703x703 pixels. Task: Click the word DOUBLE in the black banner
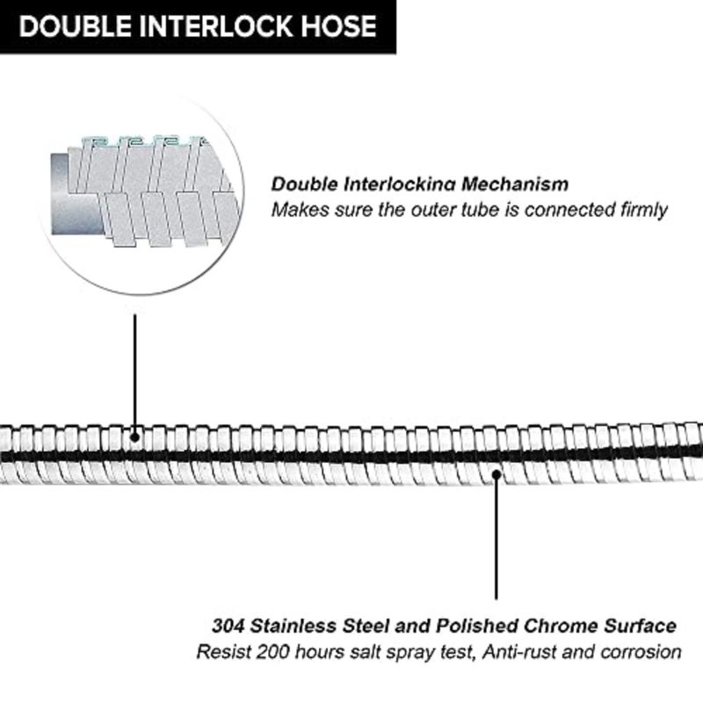(x=76, y=26)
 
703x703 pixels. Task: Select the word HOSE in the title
(x=338, y=26)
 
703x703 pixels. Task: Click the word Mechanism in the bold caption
(x=515, y=185)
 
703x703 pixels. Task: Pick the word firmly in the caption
(x=644, y=210)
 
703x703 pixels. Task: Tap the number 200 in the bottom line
(x=272, y=652)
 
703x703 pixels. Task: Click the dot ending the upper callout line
(x=135, y=437)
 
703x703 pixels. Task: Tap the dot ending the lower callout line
(x=496, y=474)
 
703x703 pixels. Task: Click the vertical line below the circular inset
(x=135, y=374)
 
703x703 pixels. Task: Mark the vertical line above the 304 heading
(x=496, y=537)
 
